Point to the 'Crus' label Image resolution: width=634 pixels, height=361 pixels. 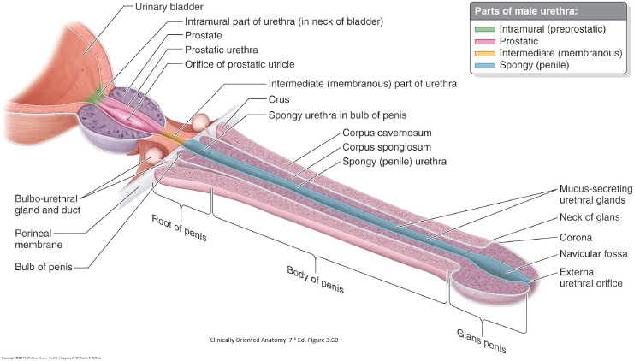click(x=280, y=98)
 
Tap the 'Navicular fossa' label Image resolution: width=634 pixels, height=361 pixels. click(x=592, y=253)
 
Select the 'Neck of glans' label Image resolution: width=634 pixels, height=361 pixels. click(x=589, y=217)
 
